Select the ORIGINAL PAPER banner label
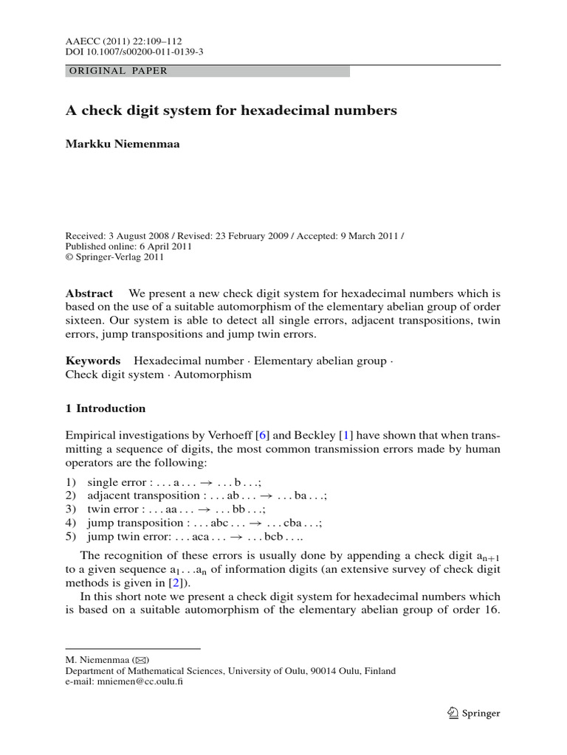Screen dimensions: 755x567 click(117, 72)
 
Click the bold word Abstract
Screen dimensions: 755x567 click(89, 293)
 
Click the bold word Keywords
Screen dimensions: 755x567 click(93, 361)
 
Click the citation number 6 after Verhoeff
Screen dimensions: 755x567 click(261, 436)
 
